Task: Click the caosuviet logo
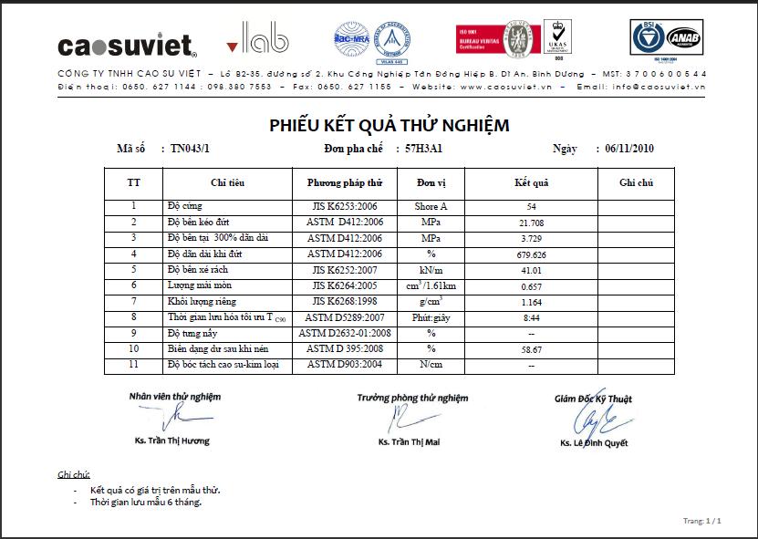click(127, 45)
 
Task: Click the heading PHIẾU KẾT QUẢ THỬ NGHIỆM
click(389, 125)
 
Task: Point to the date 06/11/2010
click(624, 149)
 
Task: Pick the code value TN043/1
click(190, 149)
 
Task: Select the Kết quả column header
click(531, 183)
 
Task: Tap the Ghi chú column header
click(636, 183)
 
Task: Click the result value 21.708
click(531, 223)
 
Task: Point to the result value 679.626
click(531, 254)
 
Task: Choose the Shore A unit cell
click(431, 207)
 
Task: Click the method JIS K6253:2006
click(344, 207)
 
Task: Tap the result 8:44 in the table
click(531, 317)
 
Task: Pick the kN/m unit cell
click(431, 270)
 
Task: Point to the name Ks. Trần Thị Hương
click(171, 441)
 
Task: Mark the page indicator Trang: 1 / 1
click(701, 521)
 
